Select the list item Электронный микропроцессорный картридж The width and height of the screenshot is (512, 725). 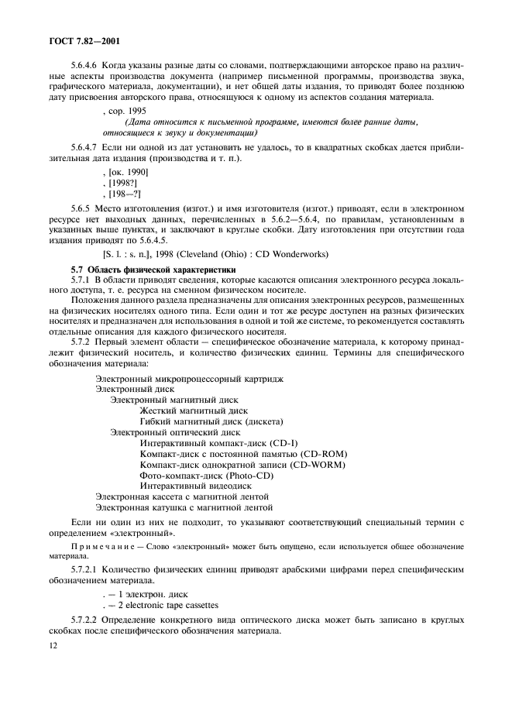pyautogui.click(x=189, y=378)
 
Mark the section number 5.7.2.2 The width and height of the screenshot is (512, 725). pyautogui.click(x=85, y=622)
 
